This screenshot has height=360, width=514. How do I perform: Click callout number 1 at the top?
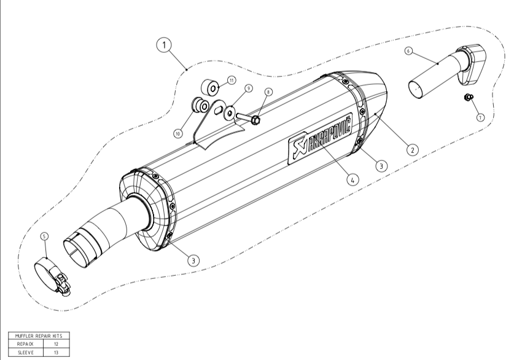[164, 45]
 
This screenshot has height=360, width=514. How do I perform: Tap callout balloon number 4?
[352, 179]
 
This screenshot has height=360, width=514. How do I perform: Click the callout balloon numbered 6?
[408, 52]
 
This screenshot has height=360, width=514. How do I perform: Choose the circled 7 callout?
[480, 117]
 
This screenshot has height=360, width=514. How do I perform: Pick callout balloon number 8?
[268, 92]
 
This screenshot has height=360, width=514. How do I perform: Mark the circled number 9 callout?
[249, 88]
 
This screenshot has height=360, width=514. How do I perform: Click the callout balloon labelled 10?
[179, 132]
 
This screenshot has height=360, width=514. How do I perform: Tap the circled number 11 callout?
[232, 80]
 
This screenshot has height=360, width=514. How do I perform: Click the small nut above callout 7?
[467, 97]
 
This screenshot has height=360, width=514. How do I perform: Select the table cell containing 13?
[55, 353]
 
